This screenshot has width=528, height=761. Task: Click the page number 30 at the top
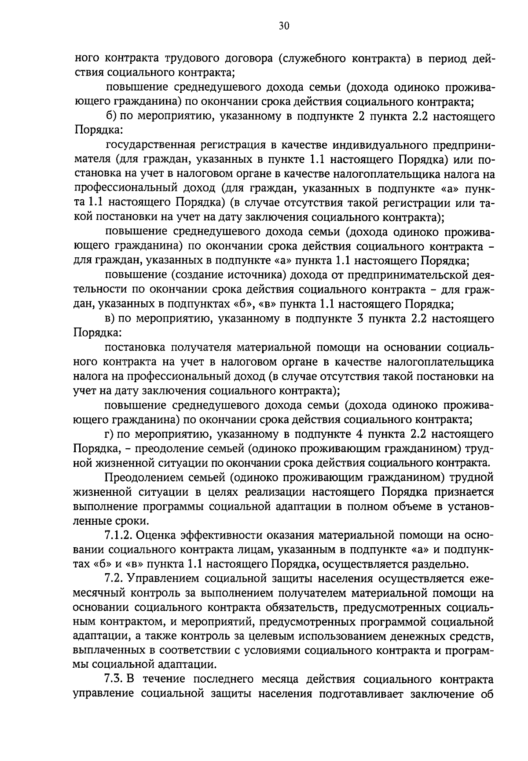point(284,26)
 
